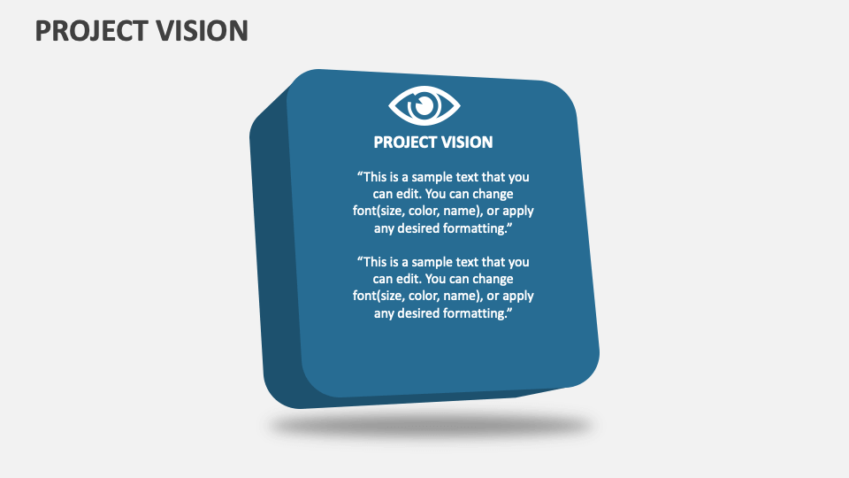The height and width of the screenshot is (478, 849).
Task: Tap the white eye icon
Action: click(x=424, y=106)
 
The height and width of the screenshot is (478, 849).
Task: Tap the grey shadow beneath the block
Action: click(x=430, y=427)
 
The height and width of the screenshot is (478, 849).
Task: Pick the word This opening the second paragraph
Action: click(x=377, y=262)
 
